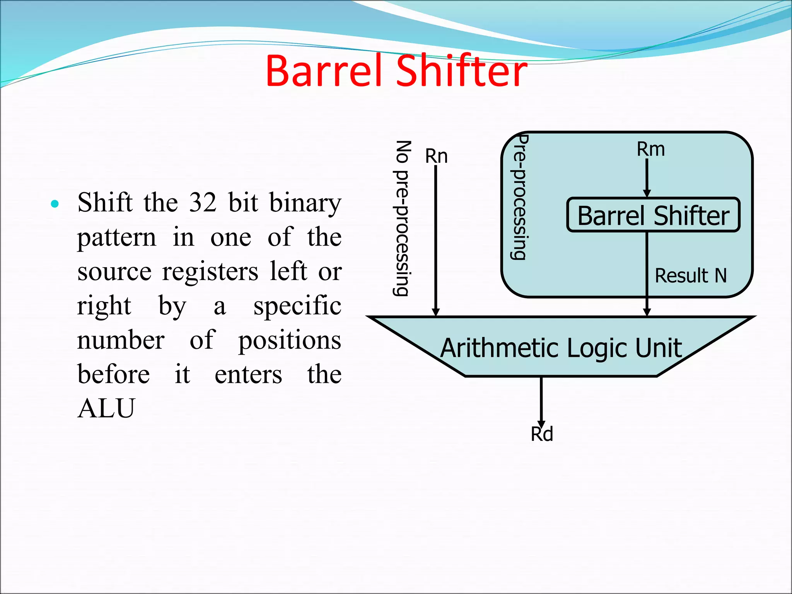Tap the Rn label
(x=436, y=156)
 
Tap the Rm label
(x=651, y=149)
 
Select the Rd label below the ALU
(x=542, y=434)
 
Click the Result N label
(x=691, y=276)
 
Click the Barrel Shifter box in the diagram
(x=653, y=215)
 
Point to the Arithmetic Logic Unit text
(x=561, y=348)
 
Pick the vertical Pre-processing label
(x=519, y=197)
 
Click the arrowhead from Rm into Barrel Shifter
(x=647, y=193)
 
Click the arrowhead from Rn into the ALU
(x=436, y=312)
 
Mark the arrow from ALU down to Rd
(x=541, y=402)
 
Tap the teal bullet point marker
(x=55, y=204)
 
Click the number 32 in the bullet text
(x=203, y=203)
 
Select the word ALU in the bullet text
(x=106, y=408)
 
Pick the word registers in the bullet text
(x=210, y=271)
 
